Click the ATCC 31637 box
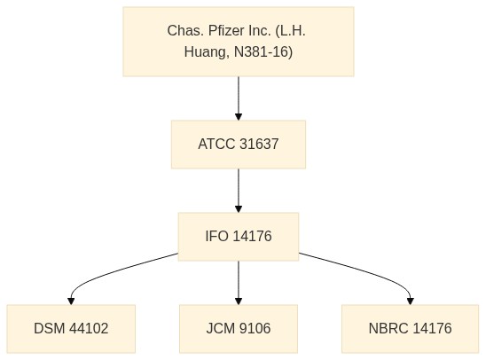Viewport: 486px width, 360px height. [239, 145]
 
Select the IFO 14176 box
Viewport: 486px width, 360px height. [239, 237]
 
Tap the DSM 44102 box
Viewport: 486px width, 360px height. [71, 329]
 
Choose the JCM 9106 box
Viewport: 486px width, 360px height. [239, 329]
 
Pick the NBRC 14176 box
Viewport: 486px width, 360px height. [410, 329]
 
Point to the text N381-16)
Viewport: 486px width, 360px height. [263, 51]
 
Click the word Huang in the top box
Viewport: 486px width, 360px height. [206, 51]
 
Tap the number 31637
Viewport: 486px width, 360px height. [259, 144]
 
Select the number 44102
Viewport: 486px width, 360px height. [89, 328]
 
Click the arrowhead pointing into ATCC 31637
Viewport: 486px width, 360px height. [239, 117]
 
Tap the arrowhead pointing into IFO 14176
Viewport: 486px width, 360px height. [239, 209]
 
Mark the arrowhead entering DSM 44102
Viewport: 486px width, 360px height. [71, 301]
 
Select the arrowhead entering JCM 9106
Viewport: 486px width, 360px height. [239, 301]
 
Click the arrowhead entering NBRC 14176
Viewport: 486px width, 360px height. [411, 301]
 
